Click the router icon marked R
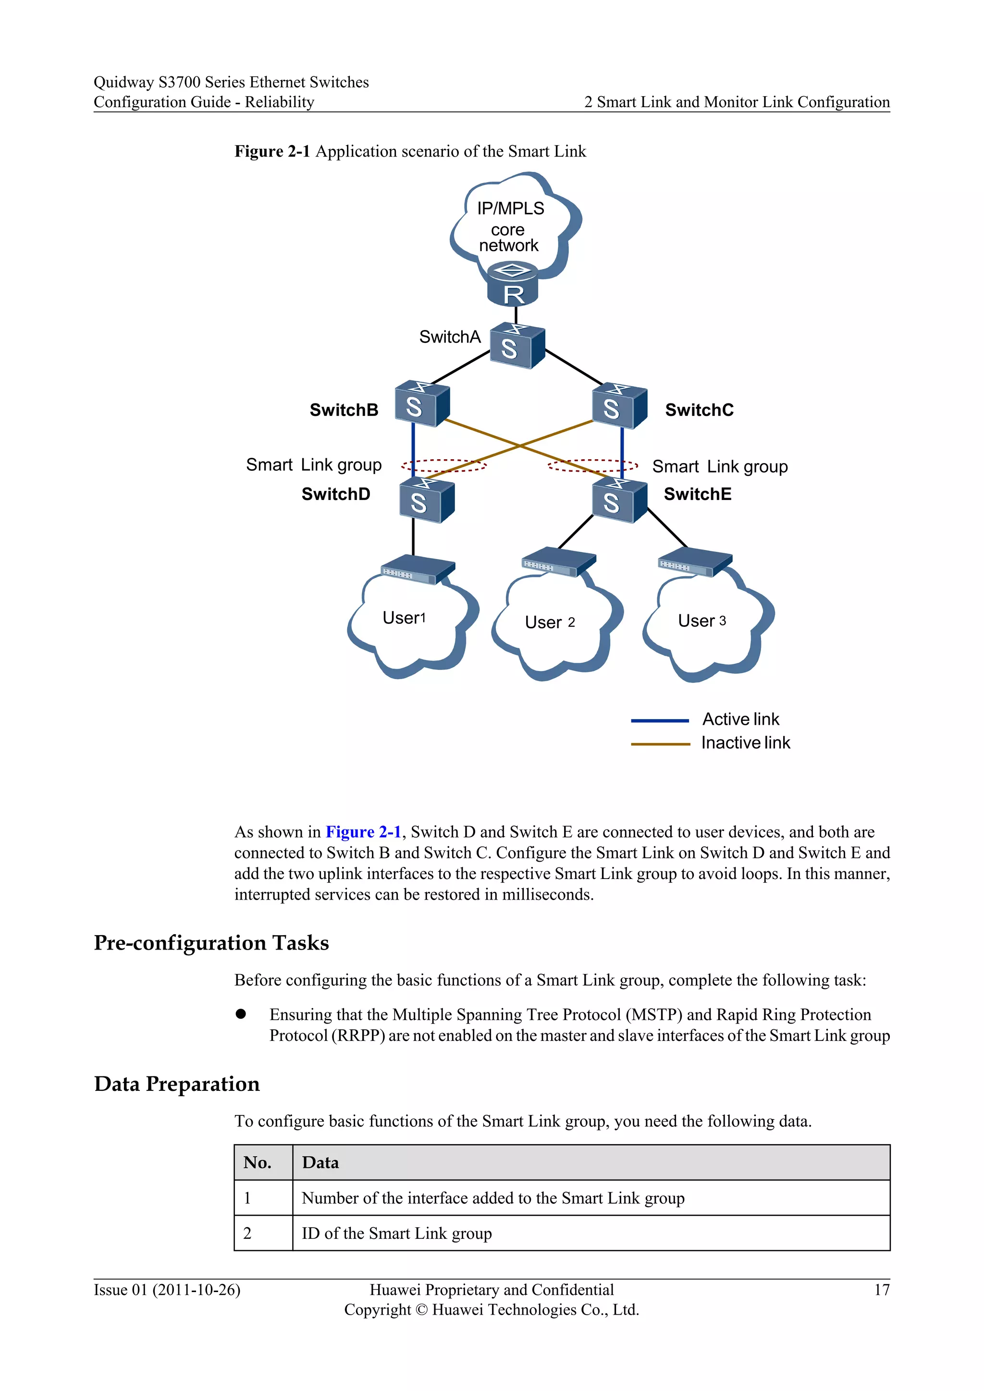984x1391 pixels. pyautogui.click(x=513, y=285)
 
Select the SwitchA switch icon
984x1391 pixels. pyautogui.click(x=516, y=345)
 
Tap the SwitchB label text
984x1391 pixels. pyautogui.click(x=344, y=410)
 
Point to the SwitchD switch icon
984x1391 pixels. pyautogui.click(x=427, y=500)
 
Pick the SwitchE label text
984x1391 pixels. pyautogui.click(x=698, y=494)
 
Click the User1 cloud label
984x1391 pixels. pyautogui.click(x=404, y=618)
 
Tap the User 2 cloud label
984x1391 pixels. pyautogui.click(x=550, y=622)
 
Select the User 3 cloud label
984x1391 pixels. pyautogui.click(x=701, y=621)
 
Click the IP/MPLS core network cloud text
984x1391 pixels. pyautogui.click(x=510, y=227)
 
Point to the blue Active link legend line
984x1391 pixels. pyautogui.click(x=660, y=721)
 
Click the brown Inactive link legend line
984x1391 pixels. pyautogui.click(x=660, y=744)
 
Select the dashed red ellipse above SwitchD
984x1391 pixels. pyautogui.click(x=444, y=465)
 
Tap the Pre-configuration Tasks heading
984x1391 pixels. pyautogui.click(x=211, y=943)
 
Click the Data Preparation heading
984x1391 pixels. pyautogui.click(x=177, y=1084)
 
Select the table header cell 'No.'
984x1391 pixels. pyautogui.click(x=258, y=1162)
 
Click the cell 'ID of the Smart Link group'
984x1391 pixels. pyautogui.click(x=397, y=1233)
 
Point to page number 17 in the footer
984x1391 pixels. pyautogui.click(x=882, y=1290)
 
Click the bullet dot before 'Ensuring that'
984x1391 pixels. pyautogui.click(x=241, y=1014)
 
